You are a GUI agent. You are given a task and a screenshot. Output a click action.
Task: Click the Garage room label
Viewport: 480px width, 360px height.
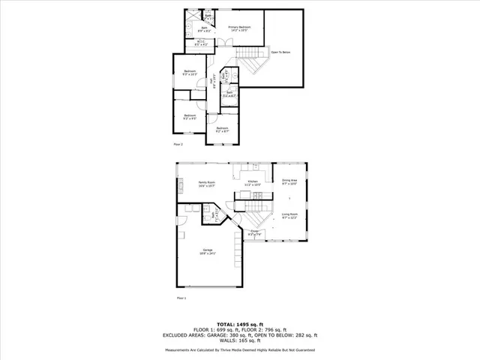(207, 251)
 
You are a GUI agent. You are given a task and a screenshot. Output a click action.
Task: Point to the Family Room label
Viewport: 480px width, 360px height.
(207, 184)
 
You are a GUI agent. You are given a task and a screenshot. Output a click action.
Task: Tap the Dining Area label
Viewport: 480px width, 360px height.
(289, 182)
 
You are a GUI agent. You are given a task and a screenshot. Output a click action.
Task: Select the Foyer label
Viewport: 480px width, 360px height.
(255, 233)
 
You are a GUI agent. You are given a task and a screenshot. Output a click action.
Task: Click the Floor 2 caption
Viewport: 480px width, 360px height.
(178, 144)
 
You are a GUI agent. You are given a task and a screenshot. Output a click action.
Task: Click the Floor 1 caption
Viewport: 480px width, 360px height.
(181, 298)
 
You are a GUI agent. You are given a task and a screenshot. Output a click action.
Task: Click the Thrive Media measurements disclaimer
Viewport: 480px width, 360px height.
(240, 349)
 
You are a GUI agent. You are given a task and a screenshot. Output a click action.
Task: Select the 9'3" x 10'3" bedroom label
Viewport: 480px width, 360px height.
(190, 73)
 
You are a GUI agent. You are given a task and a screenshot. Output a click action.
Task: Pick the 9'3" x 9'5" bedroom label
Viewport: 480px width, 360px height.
(190, 117)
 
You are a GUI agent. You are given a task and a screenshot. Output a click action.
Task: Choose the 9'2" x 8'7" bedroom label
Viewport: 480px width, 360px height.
(222, 130)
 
